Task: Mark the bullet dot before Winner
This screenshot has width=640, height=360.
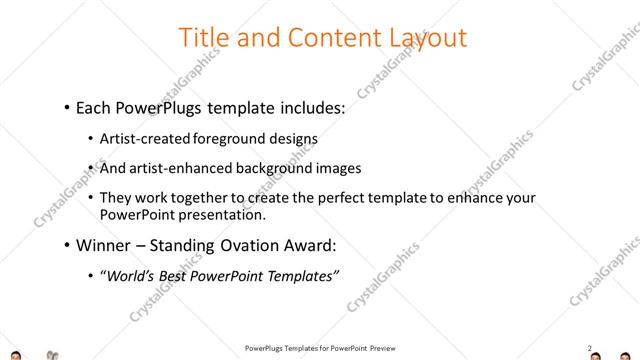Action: [x=66, y=245]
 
